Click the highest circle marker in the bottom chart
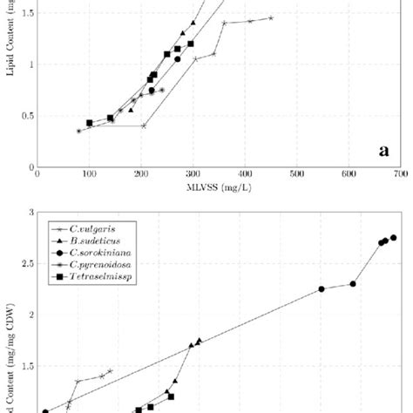(393, 238)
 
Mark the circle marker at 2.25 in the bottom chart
(322, 289)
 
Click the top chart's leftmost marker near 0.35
(78, 131)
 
